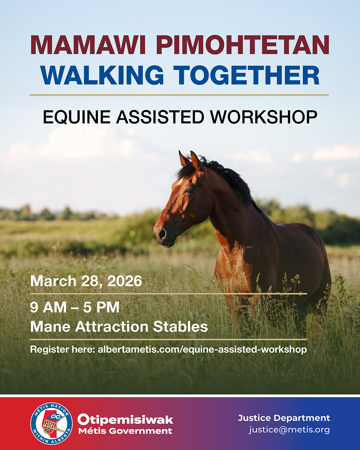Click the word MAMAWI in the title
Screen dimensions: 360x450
[x=88, y=45]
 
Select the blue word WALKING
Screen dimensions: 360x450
[x=102, y=75]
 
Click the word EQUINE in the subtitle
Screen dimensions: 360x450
[x=77, y=117]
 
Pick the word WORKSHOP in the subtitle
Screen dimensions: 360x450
[x=264, y=117]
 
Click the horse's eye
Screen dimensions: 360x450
[x=189, y=190]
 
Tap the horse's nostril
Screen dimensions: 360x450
[x=162, y=233]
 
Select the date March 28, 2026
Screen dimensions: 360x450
[x=86, y=281]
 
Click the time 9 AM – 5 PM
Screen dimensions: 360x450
[x=75, y=307]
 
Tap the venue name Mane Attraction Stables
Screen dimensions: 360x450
[x=119, y=326]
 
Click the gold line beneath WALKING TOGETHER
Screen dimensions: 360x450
[x=179, y=95]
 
